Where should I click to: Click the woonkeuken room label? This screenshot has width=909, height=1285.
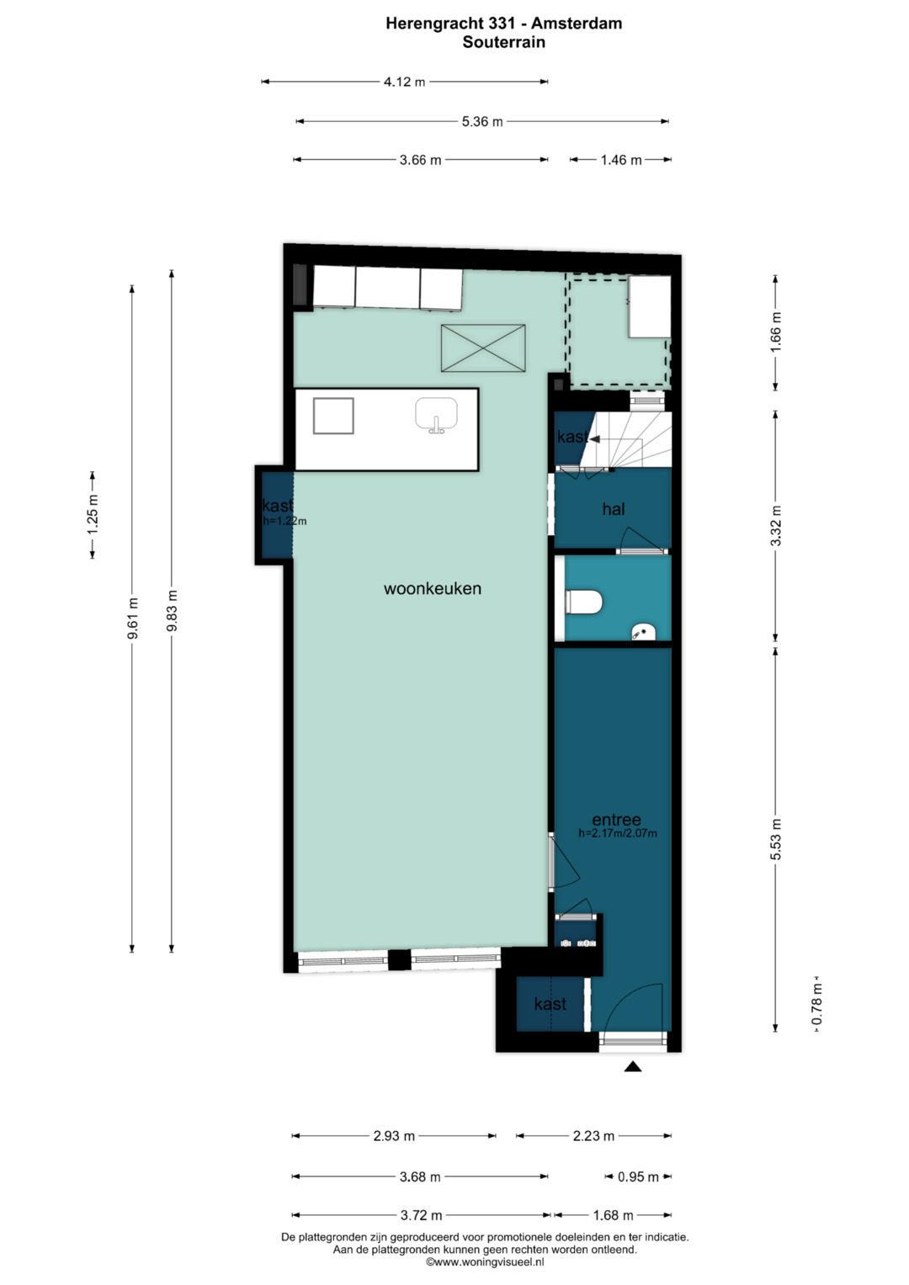pyautogui.click(x=432, y=588)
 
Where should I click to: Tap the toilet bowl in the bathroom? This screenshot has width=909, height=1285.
pyautogui.click(x=583, y=603)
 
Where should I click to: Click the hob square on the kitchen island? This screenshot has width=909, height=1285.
pyautogui.click(x=333, y=416)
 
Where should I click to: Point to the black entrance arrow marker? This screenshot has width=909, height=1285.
pyautogui.click(x=633, y=1066)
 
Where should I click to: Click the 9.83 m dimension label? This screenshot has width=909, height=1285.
pyautogui.click(x=172, y=610)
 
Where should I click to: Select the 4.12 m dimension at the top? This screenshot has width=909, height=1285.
pyautogui.click(x=405, y=82)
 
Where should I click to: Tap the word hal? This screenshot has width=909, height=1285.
pyautogui.click(x=614, y=509)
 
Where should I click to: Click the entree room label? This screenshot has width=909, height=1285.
pyautogui.click(x=616, y=820)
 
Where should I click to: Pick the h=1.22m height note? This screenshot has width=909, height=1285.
pyautogui.click(x=284, y=522)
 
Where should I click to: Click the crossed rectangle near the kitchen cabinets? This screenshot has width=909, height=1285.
pyautogui.click(x=483, y=348)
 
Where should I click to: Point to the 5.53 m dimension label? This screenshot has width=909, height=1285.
pyautogui.click(x=776, y=839)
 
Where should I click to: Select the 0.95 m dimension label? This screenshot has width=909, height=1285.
pyautogui.click(x=638, y=1177)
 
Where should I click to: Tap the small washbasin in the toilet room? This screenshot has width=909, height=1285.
pyautogui.click(x=643, y=633)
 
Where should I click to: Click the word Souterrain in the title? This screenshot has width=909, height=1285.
pyautogui.click(x=504, y=42)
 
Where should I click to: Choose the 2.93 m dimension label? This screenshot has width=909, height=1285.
pyautogui.click(x=394, y=1136)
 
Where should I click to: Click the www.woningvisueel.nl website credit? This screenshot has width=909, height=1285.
pyautogui.click(x=485, y=1262)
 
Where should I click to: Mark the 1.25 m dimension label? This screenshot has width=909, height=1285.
pyautogui.click(x=93, y=514)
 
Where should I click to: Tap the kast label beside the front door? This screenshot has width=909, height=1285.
pyautogui.click(x=550, y=1004)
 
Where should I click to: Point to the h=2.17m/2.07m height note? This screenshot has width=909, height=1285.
pyautogui.click(x=618, y=833)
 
